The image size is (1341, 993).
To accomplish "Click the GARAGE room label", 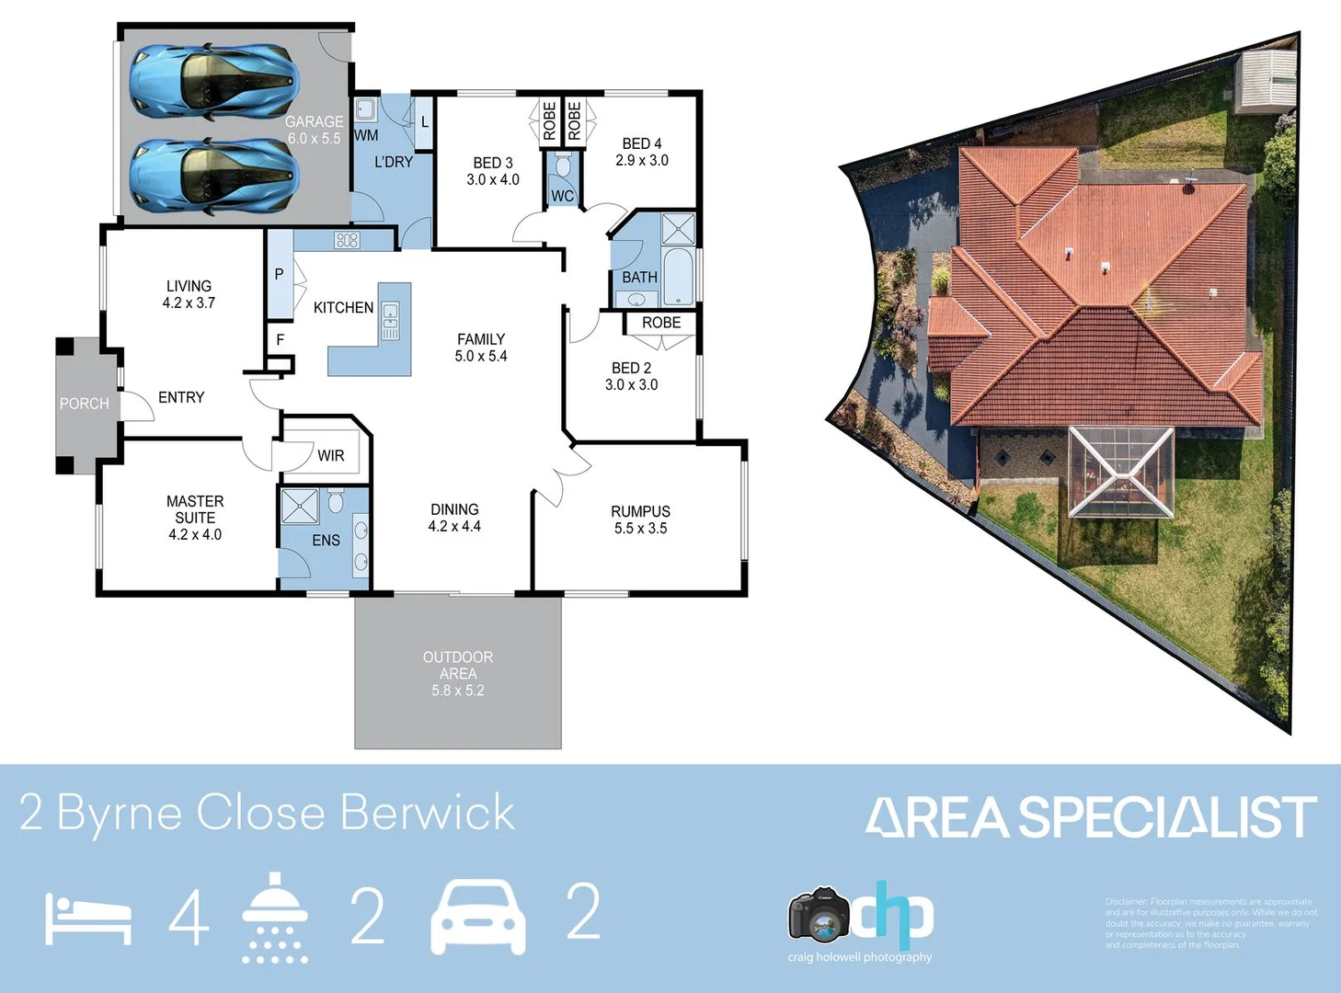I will click(x=314, y=121).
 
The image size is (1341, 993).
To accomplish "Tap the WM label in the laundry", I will click(x=366, y=135).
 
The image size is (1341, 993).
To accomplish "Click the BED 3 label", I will click(x=493, y=163).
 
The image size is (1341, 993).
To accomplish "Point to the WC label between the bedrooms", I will click(x=562, y=196).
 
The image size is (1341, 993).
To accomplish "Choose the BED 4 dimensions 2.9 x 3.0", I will click(x=642, y=160).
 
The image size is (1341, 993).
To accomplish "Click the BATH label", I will click(x=639, y=277).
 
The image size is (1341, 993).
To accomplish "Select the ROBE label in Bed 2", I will click(x=661, y=323).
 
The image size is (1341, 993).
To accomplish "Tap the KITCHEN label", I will click(x=343, y=307).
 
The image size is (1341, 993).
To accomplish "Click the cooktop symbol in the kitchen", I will click(x=347, y=240).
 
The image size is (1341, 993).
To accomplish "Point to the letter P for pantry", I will click(x=279, y=274).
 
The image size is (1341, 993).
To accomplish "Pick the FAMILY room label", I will click(x=481, y=339).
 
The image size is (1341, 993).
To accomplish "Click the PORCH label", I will click(x=84, y=404).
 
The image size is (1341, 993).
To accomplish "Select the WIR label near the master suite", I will click(x=331, y=455).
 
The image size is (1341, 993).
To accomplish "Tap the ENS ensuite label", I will click(x=326, y=540).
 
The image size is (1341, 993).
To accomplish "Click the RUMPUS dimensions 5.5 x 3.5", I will click(x=640, y=528).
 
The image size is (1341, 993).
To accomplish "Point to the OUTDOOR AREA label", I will click(x=458, y=665).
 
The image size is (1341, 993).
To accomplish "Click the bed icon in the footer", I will click(x=88, y=919).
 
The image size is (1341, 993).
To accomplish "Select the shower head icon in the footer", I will click(x=274, y=917).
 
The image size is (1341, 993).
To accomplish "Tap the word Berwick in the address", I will click(x=427, y=813).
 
